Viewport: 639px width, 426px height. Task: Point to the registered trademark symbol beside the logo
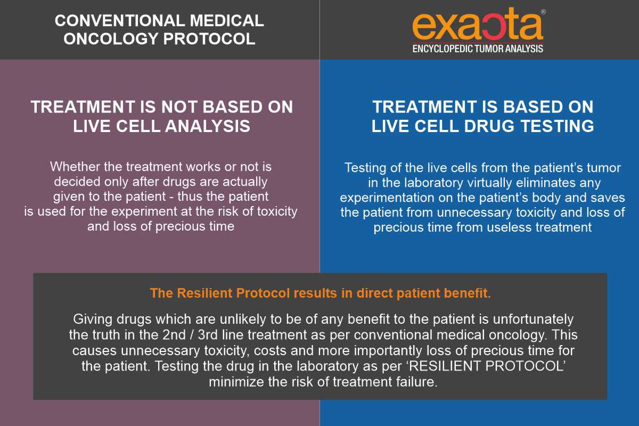tap(543, 12)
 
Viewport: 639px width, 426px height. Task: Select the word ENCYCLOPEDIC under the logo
tap(443, 49)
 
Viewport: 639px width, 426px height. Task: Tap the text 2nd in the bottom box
tap(174, 335)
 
